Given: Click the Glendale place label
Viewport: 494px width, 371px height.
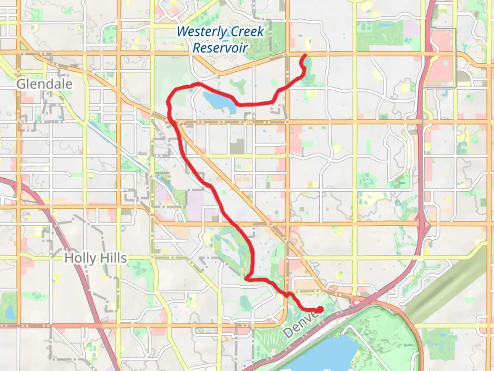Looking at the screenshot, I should tap(45, 84).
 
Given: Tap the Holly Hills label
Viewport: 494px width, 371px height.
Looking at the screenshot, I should tap(95, 258).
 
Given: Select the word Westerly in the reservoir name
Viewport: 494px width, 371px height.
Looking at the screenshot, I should tap(202, 32).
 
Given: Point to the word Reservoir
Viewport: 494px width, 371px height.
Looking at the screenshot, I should tap(220, 48).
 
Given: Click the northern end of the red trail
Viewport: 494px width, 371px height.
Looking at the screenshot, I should tap(305, 55).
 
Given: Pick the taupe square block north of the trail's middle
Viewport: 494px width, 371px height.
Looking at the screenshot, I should tap(237, 146).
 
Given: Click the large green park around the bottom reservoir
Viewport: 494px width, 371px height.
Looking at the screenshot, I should tap(377, 330).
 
